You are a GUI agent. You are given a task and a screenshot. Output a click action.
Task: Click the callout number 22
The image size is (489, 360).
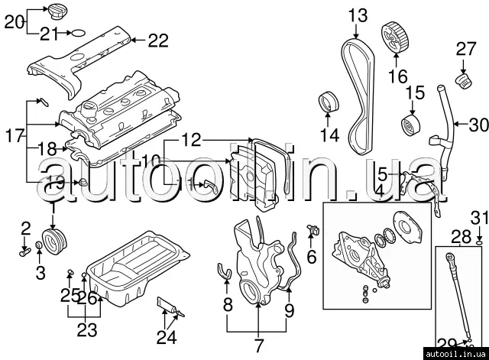[x=157, y=41]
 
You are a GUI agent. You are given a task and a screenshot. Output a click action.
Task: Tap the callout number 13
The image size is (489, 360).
[x=358, y=15]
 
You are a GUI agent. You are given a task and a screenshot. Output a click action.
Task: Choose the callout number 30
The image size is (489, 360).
[x=478, y=124]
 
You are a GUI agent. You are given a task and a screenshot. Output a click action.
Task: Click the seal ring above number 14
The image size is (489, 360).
[x=330, y=102]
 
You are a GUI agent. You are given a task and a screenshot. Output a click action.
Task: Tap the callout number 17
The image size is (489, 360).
[x=13, y=137]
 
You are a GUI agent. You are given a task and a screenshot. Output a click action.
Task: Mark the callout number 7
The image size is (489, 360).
[x=258, y=343]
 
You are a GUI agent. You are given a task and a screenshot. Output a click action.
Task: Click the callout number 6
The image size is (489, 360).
[x=311, y=257]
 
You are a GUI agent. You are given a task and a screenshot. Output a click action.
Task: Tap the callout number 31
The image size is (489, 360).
[x=478, y=217]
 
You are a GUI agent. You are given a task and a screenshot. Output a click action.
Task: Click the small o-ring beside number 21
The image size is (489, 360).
[x=77, y=33]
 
